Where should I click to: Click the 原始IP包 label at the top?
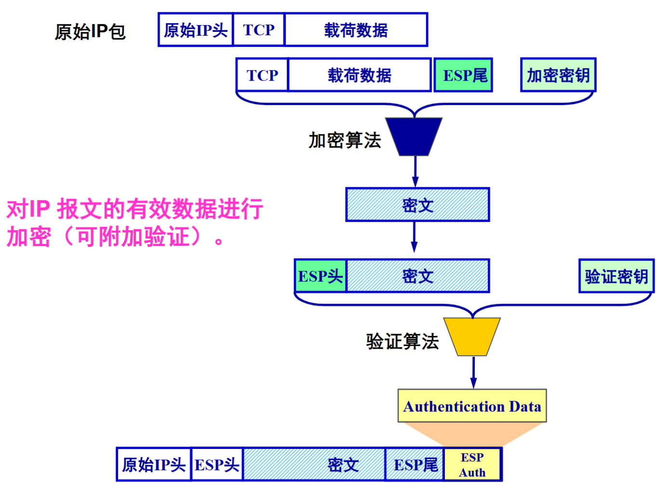[x=90, y=32]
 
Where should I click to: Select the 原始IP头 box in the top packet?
[x=195, y=30]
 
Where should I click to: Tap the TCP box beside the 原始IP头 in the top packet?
[x=259, y=30]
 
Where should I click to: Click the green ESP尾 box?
[x=463, y=75]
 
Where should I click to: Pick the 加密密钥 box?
[x=558, y=75]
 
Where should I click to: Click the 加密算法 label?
[x=345, y=140]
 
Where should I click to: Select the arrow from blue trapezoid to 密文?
[x=415, y=172]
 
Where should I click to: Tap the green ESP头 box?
[x=321, y=276]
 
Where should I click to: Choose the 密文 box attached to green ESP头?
[x=418, y=276]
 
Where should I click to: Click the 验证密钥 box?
[x=616, y=276]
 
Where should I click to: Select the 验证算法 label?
[x=402, y=341]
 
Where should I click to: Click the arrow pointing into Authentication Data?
[x=473, y=373]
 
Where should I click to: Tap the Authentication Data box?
[x=472, y=406]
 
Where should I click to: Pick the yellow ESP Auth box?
[x=472, y=464]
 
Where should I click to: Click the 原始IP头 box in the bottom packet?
[x=154, y=464]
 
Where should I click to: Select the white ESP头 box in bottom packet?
[x=217, y=464]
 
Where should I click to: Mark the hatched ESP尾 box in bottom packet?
[x=415, y=464]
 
